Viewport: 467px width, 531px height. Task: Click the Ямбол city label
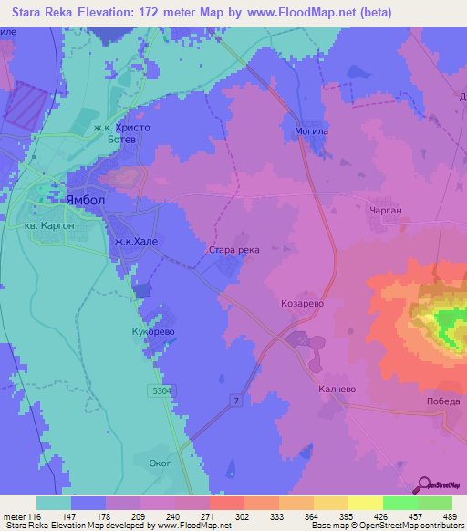tap(86, 200)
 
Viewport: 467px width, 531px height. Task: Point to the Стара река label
tap(234, 249)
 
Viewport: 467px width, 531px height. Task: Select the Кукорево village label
tap(152, 332)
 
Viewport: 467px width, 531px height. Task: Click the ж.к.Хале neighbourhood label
tap(137, 241)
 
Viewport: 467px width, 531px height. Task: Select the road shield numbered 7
tap(235, 401)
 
